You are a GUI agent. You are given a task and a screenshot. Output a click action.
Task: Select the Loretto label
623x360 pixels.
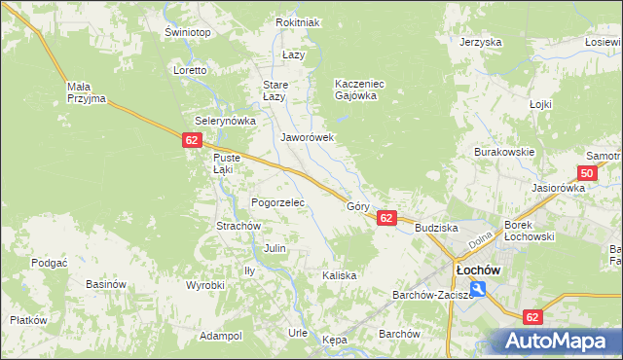[x=190, y=71]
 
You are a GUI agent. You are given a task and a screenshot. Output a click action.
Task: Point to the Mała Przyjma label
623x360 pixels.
[x=86, y=92]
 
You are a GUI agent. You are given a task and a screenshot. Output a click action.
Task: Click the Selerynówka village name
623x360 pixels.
[x=225, y=121]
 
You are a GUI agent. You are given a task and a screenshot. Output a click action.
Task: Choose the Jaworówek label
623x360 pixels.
[x=308, y=138]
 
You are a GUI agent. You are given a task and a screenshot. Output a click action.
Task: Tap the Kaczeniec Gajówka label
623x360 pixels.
[x=360, y=90]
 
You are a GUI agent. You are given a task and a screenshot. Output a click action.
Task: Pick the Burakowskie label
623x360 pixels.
[x=504, y=153]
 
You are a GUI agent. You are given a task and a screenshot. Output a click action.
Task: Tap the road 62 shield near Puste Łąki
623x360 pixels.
[x=191, y=141]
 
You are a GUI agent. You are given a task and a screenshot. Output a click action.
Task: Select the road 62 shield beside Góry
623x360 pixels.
[x=386, y=218]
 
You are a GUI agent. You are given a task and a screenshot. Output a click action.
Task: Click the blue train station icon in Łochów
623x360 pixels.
[x=478, y=289]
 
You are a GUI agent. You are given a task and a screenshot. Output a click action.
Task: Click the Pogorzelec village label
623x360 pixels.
[x=278, y=203]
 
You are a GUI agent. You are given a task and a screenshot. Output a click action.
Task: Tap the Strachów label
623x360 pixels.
[x=238, y=226]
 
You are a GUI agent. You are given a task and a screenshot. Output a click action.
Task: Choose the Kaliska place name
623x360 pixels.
[x=339, y=275]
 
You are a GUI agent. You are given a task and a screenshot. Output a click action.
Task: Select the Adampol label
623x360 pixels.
[x=220, y=336]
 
